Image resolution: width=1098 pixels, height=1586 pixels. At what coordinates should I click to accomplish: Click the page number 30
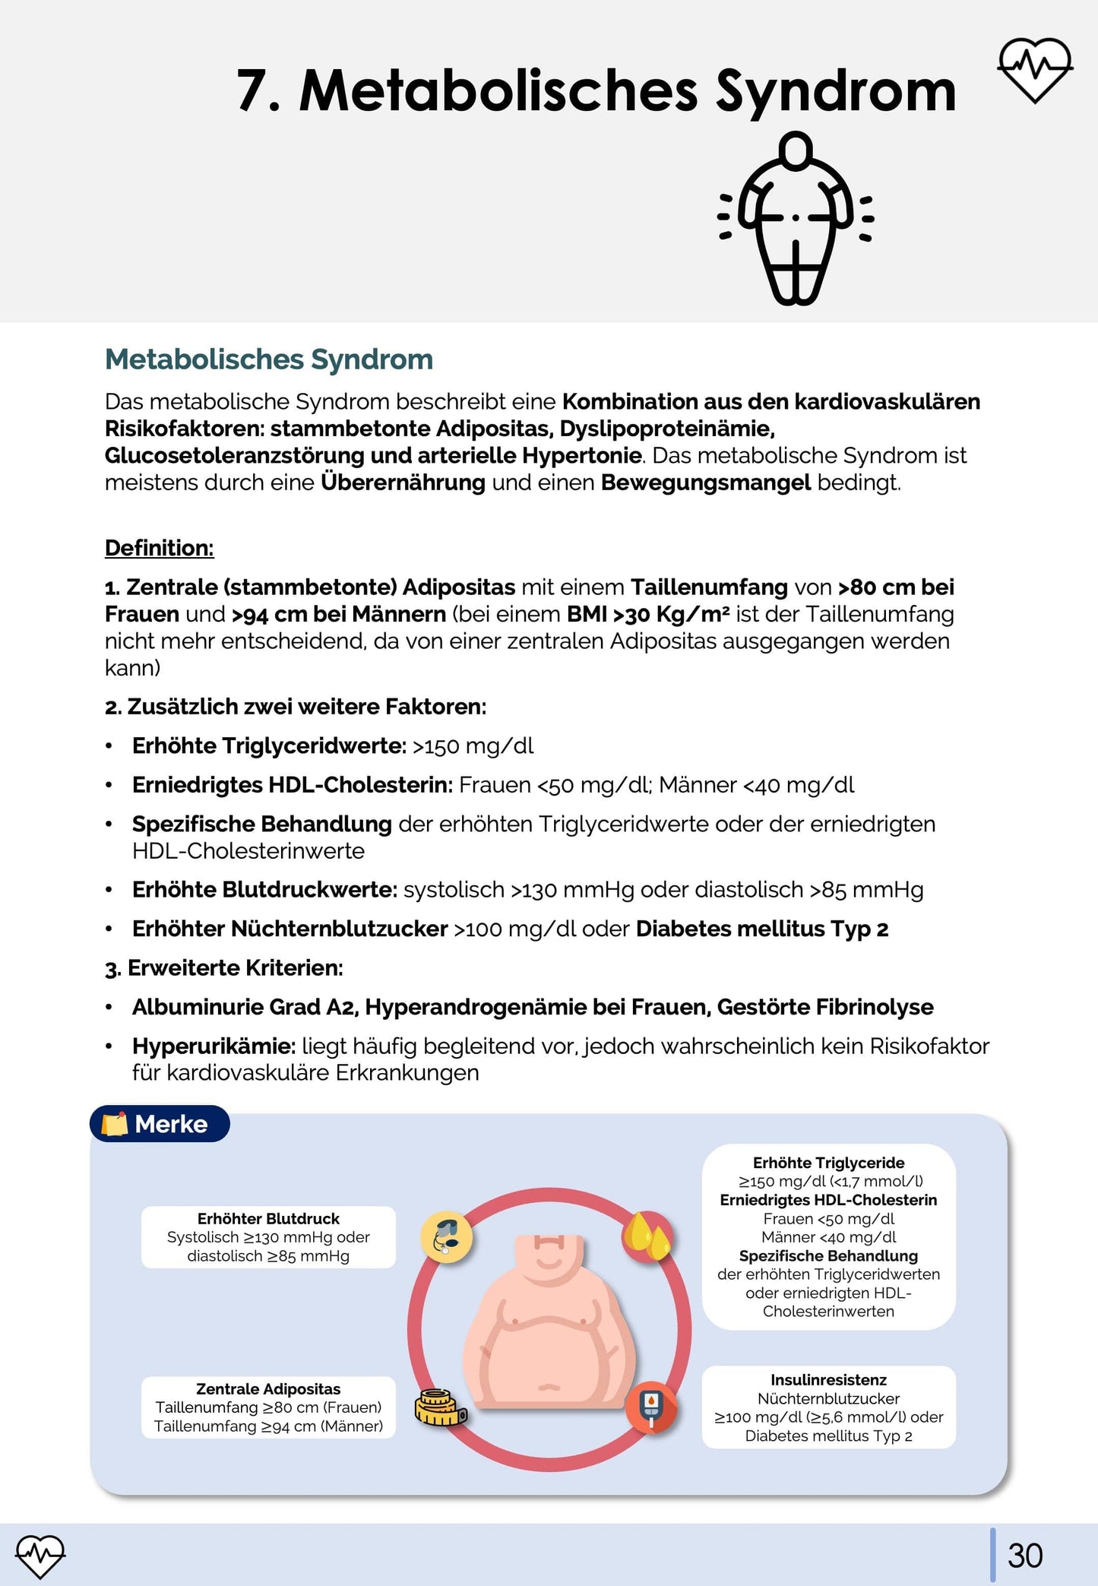pyautogui.click(x=1025, y=1556)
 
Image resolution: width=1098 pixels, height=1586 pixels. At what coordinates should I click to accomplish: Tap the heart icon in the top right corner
pyautogui.click(x=1034, y=70)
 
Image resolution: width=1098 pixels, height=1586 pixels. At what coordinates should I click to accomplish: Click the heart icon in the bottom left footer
pyautogui.click(x=40, y=1556)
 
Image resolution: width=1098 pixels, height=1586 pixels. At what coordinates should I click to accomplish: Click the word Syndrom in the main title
pyautogui.click(x=836, y=91)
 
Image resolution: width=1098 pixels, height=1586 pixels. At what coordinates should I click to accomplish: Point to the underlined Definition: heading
pyautogui.click(x=160, y=548)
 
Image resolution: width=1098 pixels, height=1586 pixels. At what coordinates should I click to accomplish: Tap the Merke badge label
pyautogui.click(x=160, y=1124)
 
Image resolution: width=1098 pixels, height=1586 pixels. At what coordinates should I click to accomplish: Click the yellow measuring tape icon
pyautogui.click(x=440, y=1407)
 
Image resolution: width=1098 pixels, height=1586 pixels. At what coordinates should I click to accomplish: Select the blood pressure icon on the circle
pyautogui.click(x=447, y=1236)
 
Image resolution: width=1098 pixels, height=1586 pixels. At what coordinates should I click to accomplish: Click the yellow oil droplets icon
pyautogui.click(x=647, y=1236)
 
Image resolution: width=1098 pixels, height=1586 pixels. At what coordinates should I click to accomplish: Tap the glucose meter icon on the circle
pyautogui.click(x=650, y=1407)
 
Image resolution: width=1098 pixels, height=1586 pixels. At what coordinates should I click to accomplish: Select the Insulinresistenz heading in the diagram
pyautogui.click(x=828, y=1380)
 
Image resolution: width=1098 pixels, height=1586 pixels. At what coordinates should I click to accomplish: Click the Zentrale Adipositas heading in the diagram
pyautogui.click(x=268, y=1389)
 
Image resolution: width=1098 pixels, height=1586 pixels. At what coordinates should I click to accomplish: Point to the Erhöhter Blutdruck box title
pyautogui.click(x=268, y=1219)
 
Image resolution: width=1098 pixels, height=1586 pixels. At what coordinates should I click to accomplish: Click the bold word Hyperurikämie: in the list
pyautogui.click(x=214, y=1046)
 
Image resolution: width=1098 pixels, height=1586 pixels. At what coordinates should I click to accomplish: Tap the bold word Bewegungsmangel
pyautogui.click(x=706, y=483)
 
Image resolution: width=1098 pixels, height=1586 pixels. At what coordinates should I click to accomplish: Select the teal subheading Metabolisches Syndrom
pyautogui.click(x=269, y=359)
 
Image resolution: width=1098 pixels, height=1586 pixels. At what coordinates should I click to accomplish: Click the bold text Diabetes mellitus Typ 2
pyautogui.click(x=762, y=929)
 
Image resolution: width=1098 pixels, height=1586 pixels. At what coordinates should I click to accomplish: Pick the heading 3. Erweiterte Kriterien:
pyautogui.click(x=224, y=968)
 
